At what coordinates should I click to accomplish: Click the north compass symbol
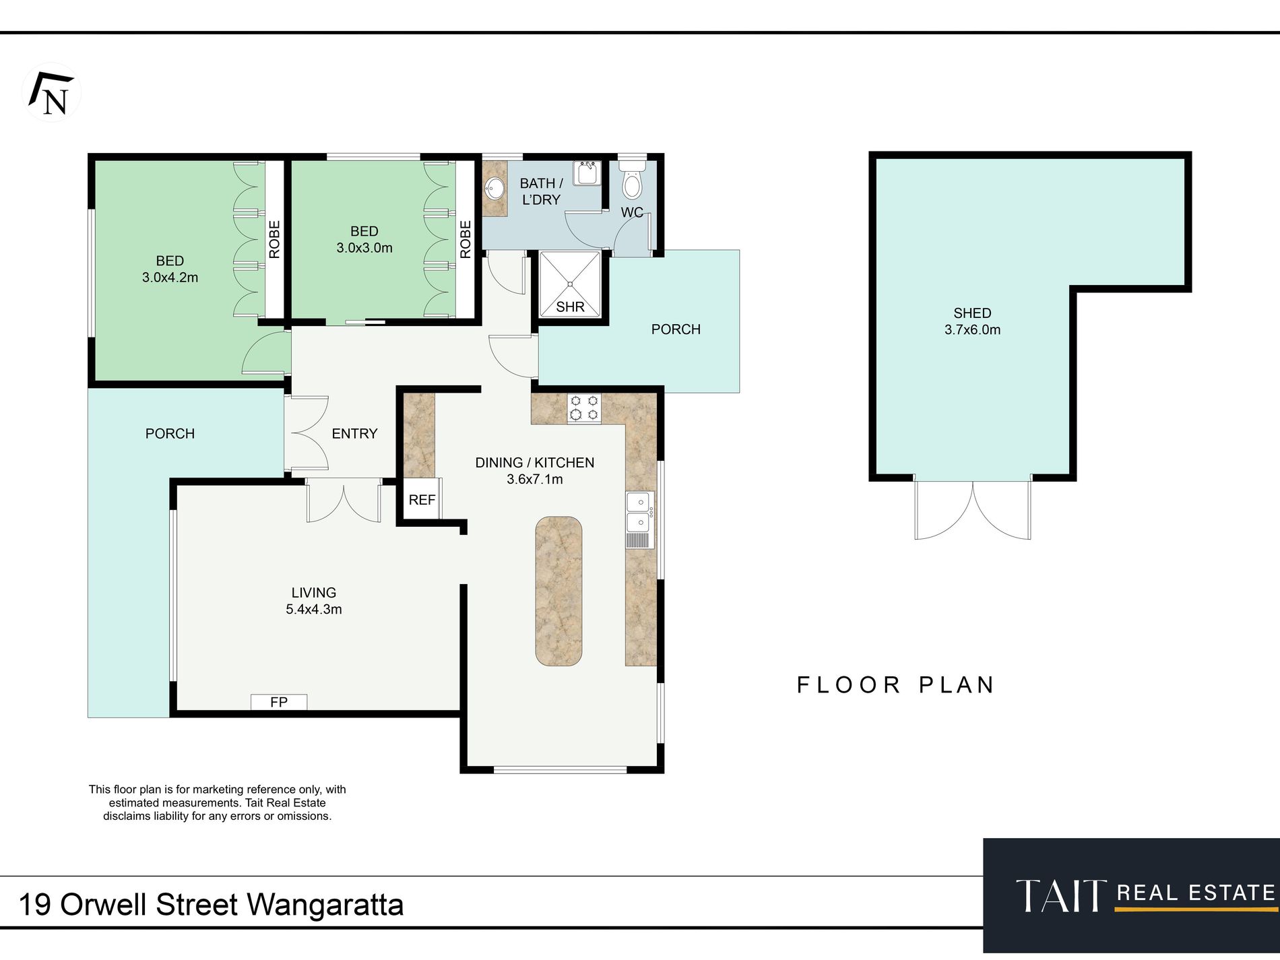click(52, 93)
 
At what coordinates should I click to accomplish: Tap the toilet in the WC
click(632, 179)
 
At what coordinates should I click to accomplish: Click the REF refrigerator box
click(422, 499)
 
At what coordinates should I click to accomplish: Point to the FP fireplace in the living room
click(279, 702)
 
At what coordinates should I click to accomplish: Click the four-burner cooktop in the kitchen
click(584, 408)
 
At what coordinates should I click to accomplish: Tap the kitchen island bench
click(558, 591)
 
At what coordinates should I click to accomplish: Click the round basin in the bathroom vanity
click(496, 188)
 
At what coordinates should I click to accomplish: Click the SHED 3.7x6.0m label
click(972, 321)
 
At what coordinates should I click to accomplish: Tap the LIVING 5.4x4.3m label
click(314, 601)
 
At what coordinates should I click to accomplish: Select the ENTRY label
click(354, 434)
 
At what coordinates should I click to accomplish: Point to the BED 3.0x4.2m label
click(170, 269)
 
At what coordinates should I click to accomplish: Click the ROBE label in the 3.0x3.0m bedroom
click(466, 240)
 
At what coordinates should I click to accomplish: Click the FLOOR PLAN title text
click(896, 685)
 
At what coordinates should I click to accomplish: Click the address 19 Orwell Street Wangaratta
click(211, 905)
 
